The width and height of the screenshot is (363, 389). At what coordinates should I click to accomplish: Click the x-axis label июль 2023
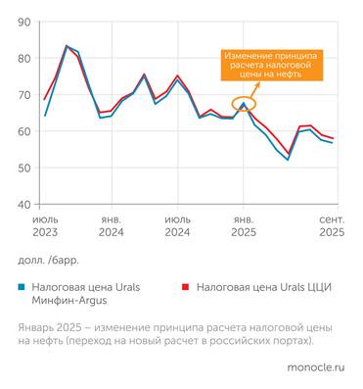45,226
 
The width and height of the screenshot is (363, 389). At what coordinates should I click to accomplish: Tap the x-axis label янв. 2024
111,226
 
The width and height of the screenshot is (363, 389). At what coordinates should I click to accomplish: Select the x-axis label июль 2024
177,226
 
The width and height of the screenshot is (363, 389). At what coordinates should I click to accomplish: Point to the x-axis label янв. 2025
243,226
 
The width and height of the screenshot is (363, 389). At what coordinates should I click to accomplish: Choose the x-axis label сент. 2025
331,226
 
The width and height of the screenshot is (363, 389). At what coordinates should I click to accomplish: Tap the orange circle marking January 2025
244,103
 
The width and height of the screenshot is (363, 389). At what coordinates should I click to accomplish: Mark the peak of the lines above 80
67,46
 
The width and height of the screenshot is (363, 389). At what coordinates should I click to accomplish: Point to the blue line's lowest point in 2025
288,160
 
